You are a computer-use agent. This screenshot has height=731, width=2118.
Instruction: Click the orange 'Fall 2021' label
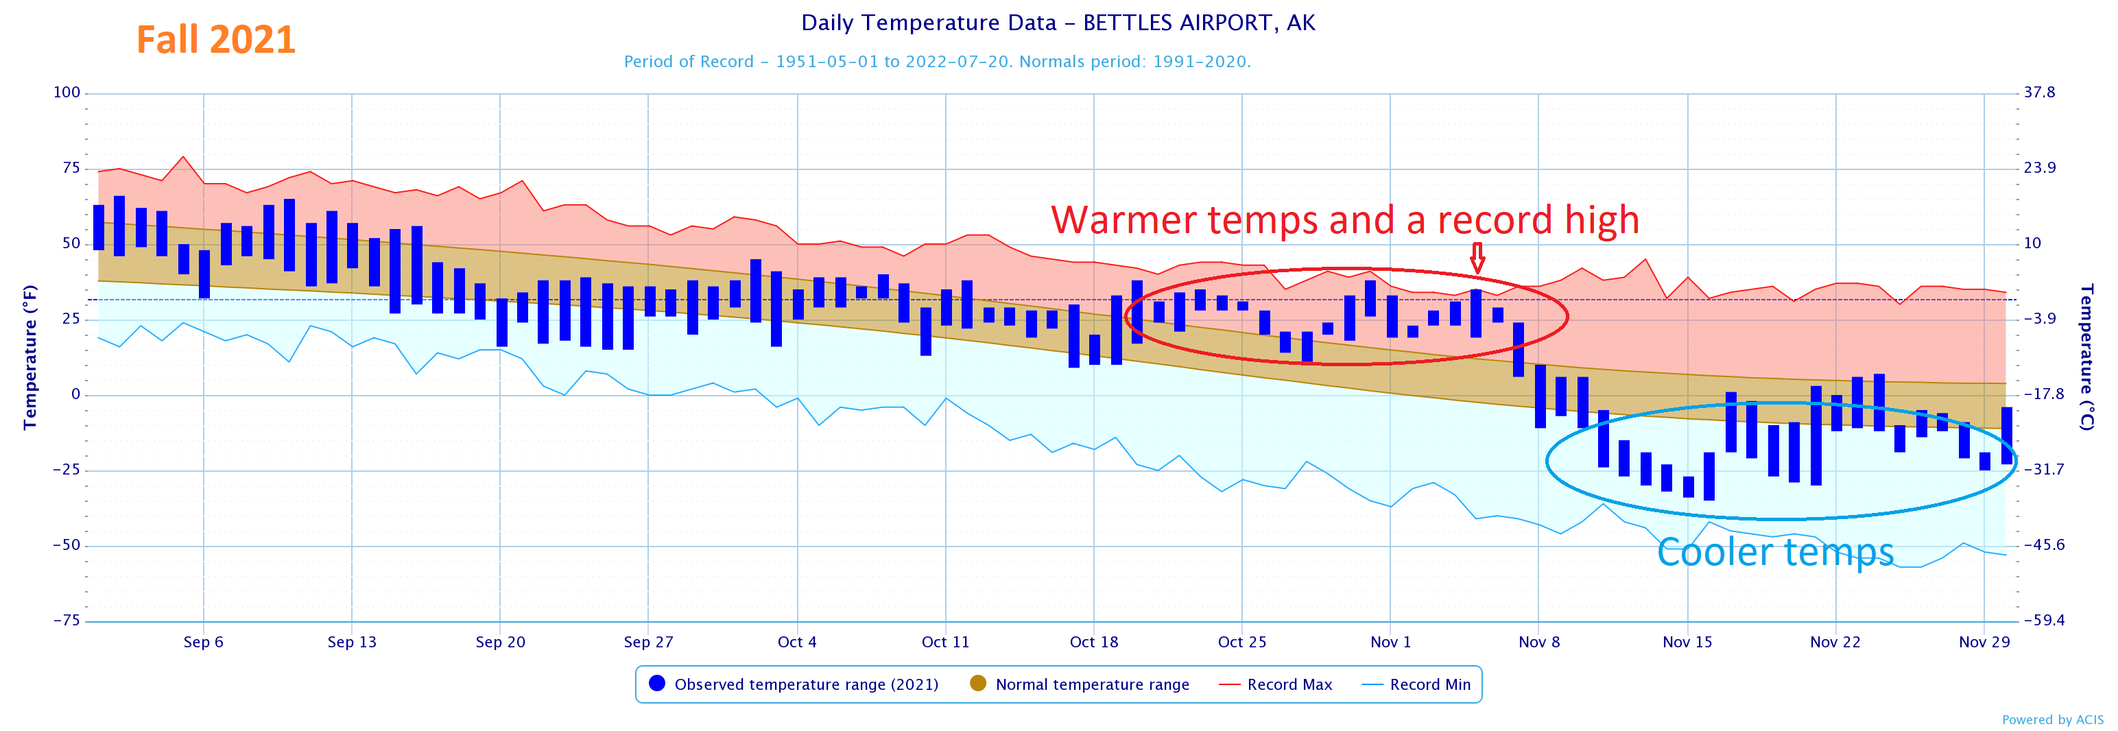tap(215, 40)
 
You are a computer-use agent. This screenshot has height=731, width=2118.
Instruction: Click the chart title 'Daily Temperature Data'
tap(1058, 23)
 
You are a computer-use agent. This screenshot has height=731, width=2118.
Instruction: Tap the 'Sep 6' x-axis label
tap(203, 642)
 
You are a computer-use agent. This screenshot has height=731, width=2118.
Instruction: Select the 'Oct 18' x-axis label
tap(1093, 642)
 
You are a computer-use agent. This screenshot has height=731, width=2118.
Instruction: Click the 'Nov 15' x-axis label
tap(1687, 642)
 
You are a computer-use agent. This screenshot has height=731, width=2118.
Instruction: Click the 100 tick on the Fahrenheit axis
tap(67, 92)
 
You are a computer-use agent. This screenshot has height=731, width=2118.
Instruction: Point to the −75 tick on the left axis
tap(67, 621)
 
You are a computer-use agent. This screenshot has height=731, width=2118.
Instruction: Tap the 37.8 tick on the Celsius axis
tap(2039, 92)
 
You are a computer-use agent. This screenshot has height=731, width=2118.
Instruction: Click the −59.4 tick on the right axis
tap(2043, 621)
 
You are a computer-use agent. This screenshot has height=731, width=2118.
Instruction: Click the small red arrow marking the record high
tap(1477, 257)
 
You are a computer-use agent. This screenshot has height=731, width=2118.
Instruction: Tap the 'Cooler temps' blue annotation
tap(1774, 553)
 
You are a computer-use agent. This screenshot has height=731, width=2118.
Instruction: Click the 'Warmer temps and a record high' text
tap(1344, 220)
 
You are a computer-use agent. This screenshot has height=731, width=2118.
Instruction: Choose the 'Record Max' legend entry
tap(1288, 685)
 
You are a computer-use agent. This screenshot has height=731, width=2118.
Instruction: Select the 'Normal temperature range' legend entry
tap(1091, 685)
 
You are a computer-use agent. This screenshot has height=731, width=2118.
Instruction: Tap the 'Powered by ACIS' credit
tap(2052, 720)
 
